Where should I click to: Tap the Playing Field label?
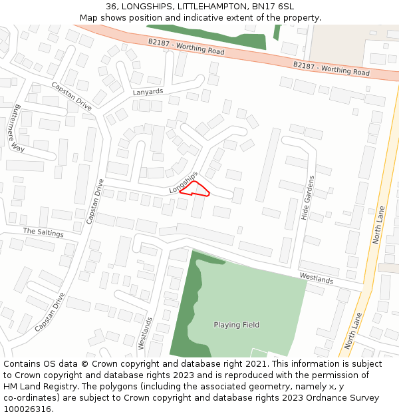pyautogui.click(x=236, y=325)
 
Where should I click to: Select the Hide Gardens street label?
pyautogui.click(x=307, y=198)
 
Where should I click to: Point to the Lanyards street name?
pyautogui.click(x=148, y=92)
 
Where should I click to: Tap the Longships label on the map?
pyautogui.click(x=184, y=182)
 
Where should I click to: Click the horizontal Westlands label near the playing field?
pyautogui.click(x=316, y=278)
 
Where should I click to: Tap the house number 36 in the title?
pyautogui.click(x=111, y=6)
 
